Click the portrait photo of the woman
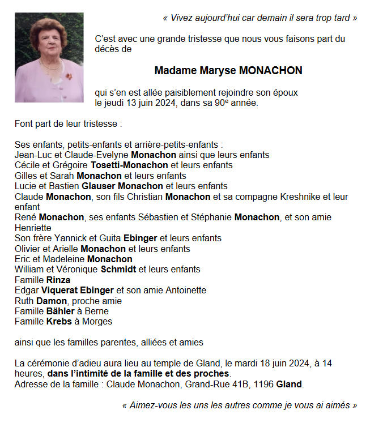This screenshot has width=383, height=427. pyautogui.click(x=49, y=57)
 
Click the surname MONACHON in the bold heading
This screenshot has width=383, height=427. pyautogui.click(x=271, y=71)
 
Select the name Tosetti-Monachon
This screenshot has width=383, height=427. pyautogui.click(x=129, y=165)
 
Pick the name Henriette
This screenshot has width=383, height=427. pyautogui.click(x=32, y=228)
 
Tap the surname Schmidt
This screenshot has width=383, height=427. pyautogui.click(x=118, y=270)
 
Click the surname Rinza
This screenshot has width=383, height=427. pyautogui.click(x=58, y=280)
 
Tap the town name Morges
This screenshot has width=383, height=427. pyautogui.click(x=97, y=322)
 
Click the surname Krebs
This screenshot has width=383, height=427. pyautogui.click(x=59, y=322)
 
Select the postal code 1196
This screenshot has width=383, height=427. pyautogui.click(x=264, y=385)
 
